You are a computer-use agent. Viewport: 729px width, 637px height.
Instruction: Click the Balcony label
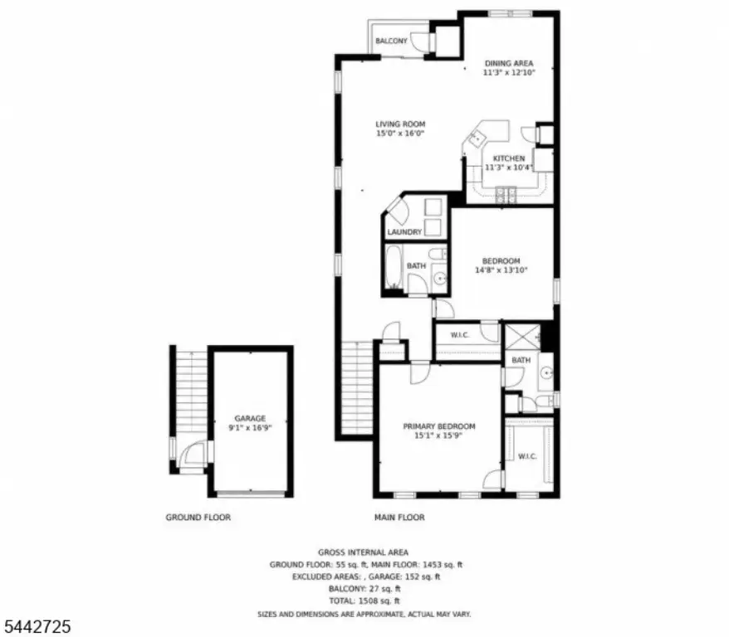(x=391, y=41)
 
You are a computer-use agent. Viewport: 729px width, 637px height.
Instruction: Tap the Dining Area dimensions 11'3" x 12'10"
(x=509, y=72)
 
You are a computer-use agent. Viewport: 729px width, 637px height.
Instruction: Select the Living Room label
(x=400, y=124)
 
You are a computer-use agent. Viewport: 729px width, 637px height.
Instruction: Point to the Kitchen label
(x=509, y=158)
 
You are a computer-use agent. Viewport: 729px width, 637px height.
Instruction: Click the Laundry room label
(x=404, y=231)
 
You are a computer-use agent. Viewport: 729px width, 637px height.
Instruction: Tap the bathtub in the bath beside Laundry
(x=394, y=267)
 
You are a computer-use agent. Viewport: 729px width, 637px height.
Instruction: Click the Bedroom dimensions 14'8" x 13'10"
(x=501, y=270)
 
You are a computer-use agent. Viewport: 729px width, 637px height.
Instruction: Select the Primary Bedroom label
(x=439, y=426)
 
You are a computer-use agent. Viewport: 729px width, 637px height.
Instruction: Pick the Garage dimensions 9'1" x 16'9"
(x=250, y=427)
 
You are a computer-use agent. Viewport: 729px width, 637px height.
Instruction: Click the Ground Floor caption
(x=198, y=518)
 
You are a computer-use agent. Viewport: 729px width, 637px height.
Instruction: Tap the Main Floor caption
(x=399, y=518)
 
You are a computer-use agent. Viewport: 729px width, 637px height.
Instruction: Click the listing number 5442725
(x=37, y=626)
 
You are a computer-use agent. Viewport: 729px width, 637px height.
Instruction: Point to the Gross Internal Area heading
(x=363, y=552)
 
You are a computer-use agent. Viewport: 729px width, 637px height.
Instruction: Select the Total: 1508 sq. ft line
(x=364, y=601)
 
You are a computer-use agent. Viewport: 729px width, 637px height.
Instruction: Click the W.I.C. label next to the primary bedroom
(x=527, y=456)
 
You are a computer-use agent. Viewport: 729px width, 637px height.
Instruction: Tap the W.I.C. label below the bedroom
(x=460, y=335)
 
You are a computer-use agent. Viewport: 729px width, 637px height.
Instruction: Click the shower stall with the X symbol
(x=522, y=337)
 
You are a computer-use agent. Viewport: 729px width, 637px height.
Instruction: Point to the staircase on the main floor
(x=357, y=387)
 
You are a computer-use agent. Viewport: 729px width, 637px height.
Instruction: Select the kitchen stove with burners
(x=506, y=195)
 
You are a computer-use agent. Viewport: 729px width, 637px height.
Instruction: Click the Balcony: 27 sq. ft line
(x=364, y=589)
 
